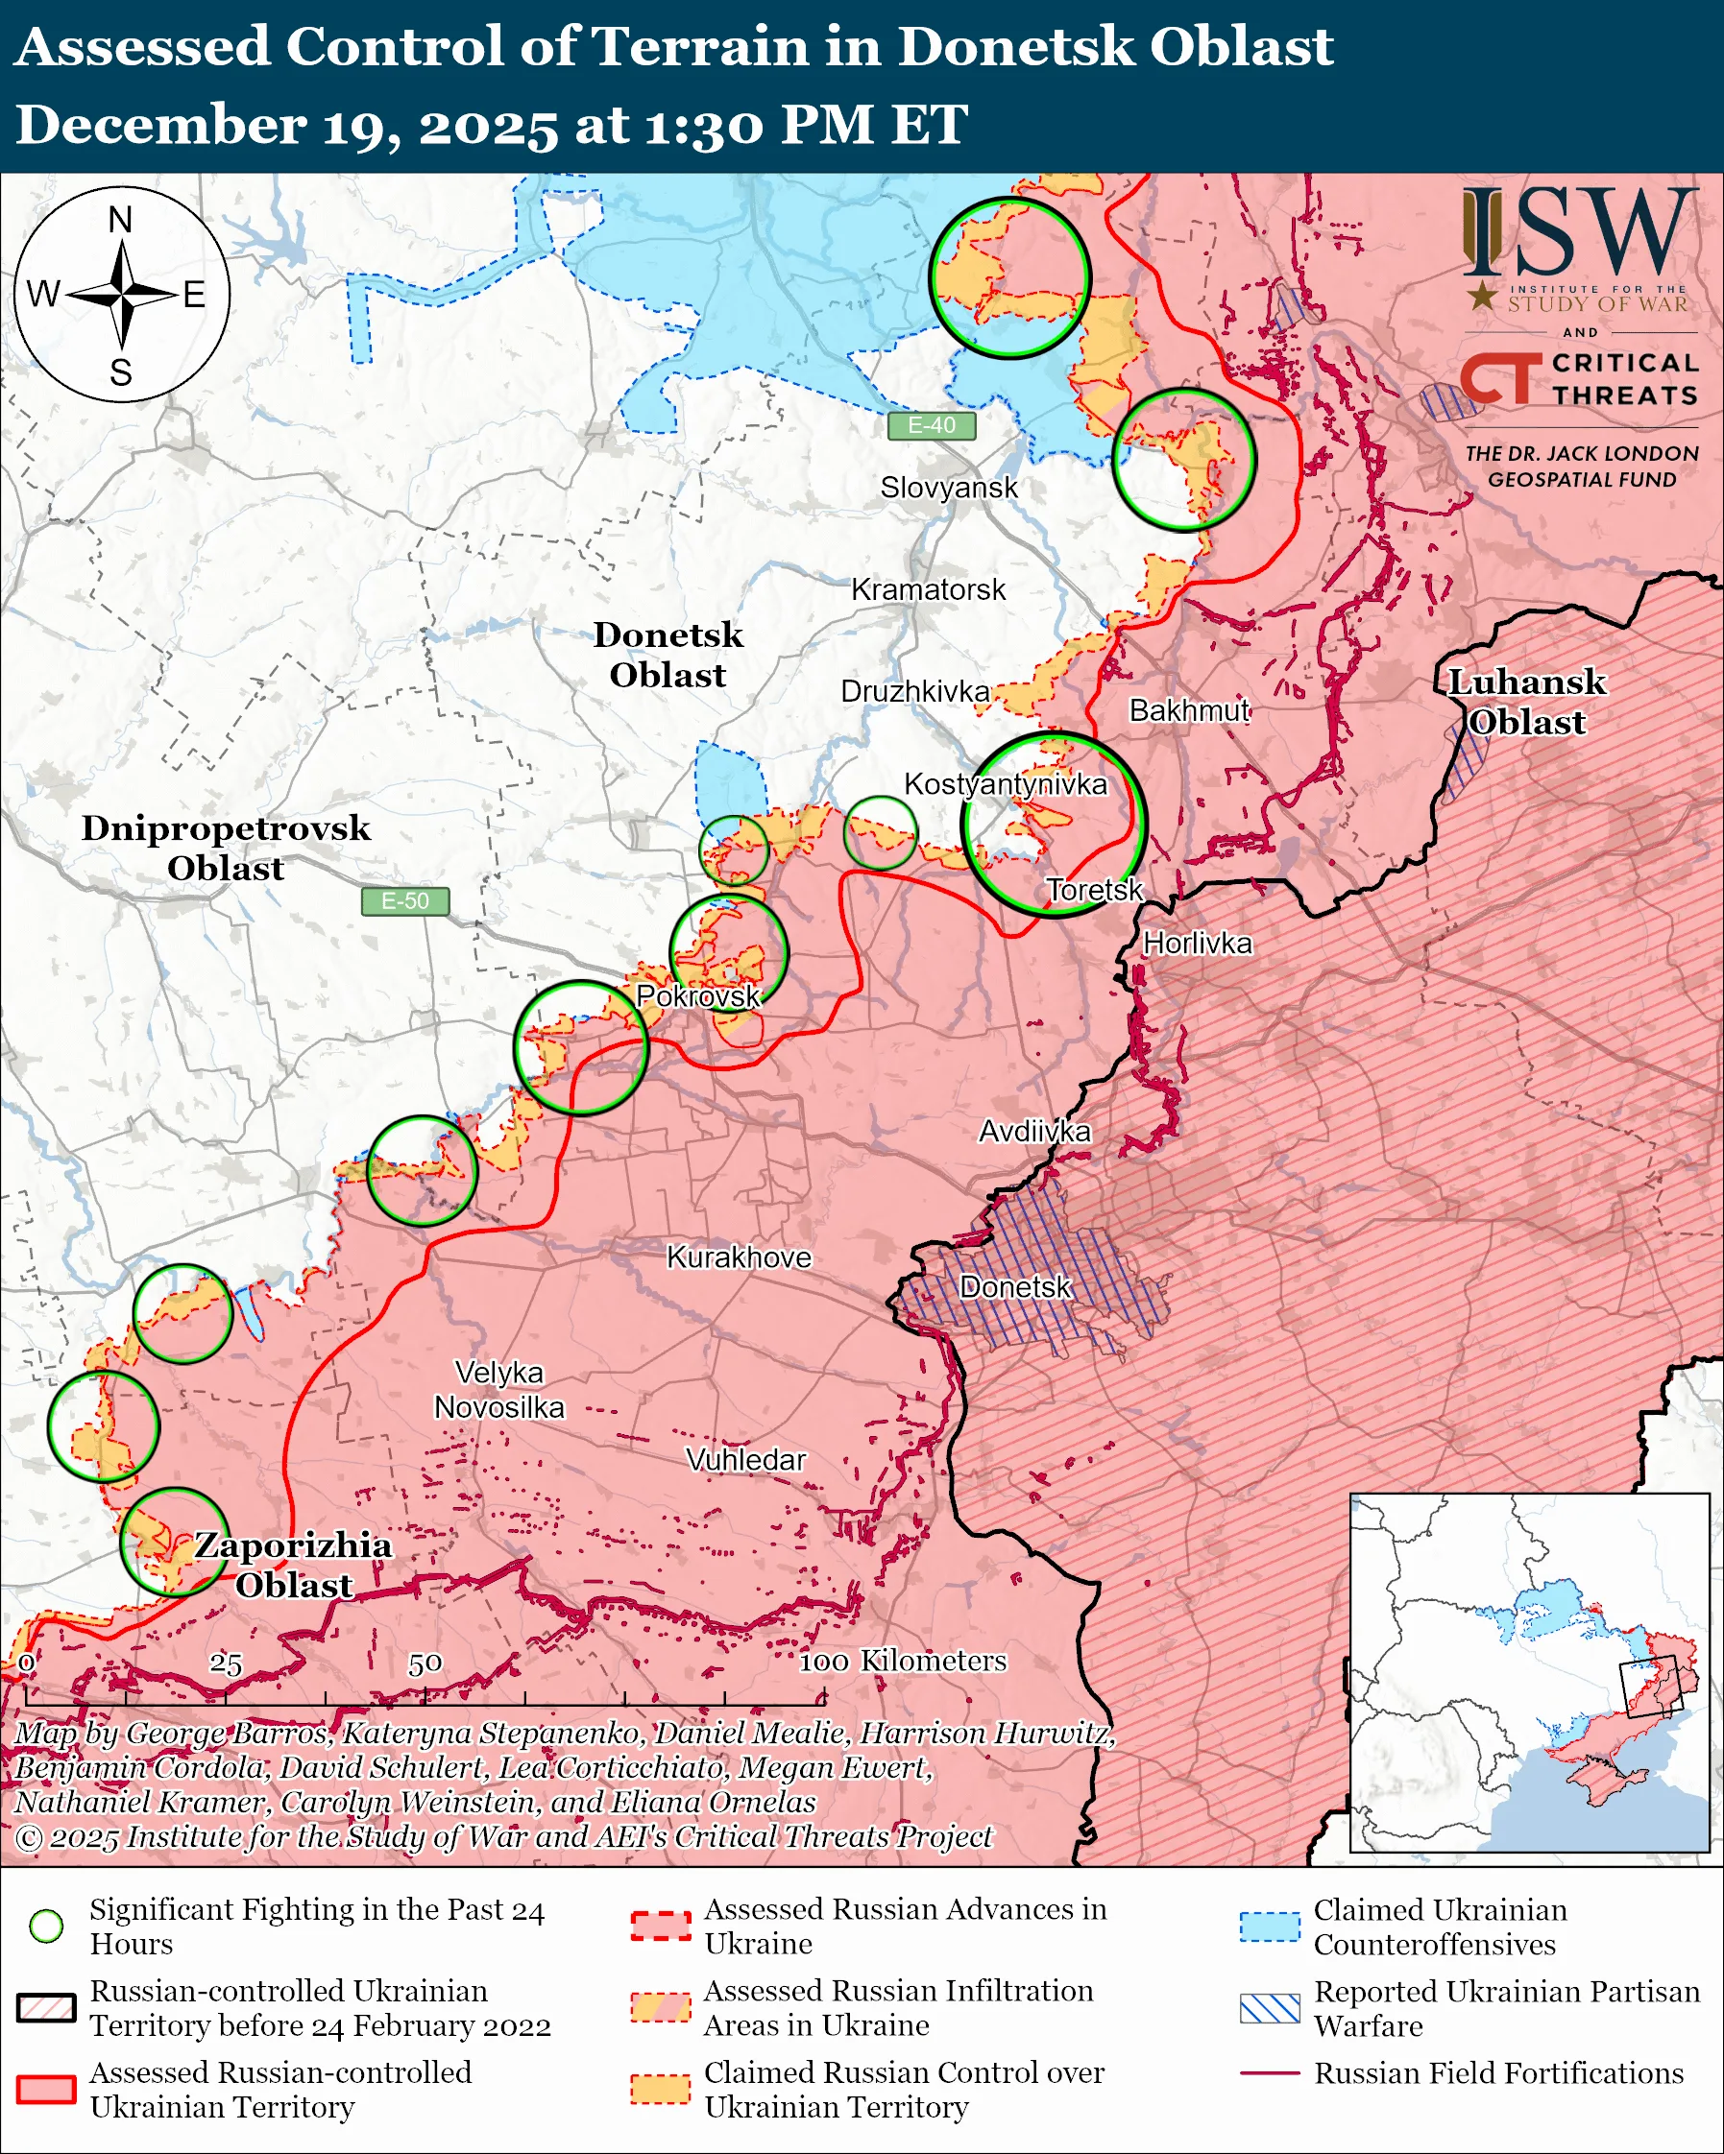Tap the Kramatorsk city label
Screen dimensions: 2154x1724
pyautogui.click(x=928, y=589)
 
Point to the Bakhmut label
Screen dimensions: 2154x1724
pyautogui.click(x=1188, y=710)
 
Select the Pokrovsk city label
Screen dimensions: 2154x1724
pyautogui.click(x=697, y=996)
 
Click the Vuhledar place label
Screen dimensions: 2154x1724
pyautogui.click(x=745, y=1460)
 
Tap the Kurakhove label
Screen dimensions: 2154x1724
pyautogui.click(x=739, y=1256)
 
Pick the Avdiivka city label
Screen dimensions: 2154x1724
pyautogui.click(x=1034, y=1131)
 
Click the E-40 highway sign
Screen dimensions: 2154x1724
pyautogui.click(x=931, y=425)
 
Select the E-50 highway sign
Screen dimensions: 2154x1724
pyautogui.click(x=404, y=901)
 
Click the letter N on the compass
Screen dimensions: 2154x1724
pyautogui.click(x=120, y=220)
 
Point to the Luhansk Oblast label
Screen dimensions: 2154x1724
pyautogui.click(x=1526, y=703)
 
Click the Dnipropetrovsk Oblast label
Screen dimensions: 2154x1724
pyautogui.click(x=226, y=849)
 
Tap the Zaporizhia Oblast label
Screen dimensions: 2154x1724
pyautogui.click(x=293, y=1565)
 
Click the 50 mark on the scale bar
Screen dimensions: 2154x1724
pyautogui.click(x=425, y=1663)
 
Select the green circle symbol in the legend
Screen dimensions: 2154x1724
pyautogui.click(x=47, y=1926)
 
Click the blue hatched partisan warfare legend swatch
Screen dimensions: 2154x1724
pyautogui.click(x=1270, y=2008)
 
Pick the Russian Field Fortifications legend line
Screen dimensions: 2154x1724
pyautogui.click(x=1270, y=2073)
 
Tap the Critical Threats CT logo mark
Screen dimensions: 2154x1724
pyautogui.click(x=1500, y=377)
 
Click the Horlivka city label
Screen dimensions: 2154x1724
pyautogui.click(x=1197, y=944)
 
